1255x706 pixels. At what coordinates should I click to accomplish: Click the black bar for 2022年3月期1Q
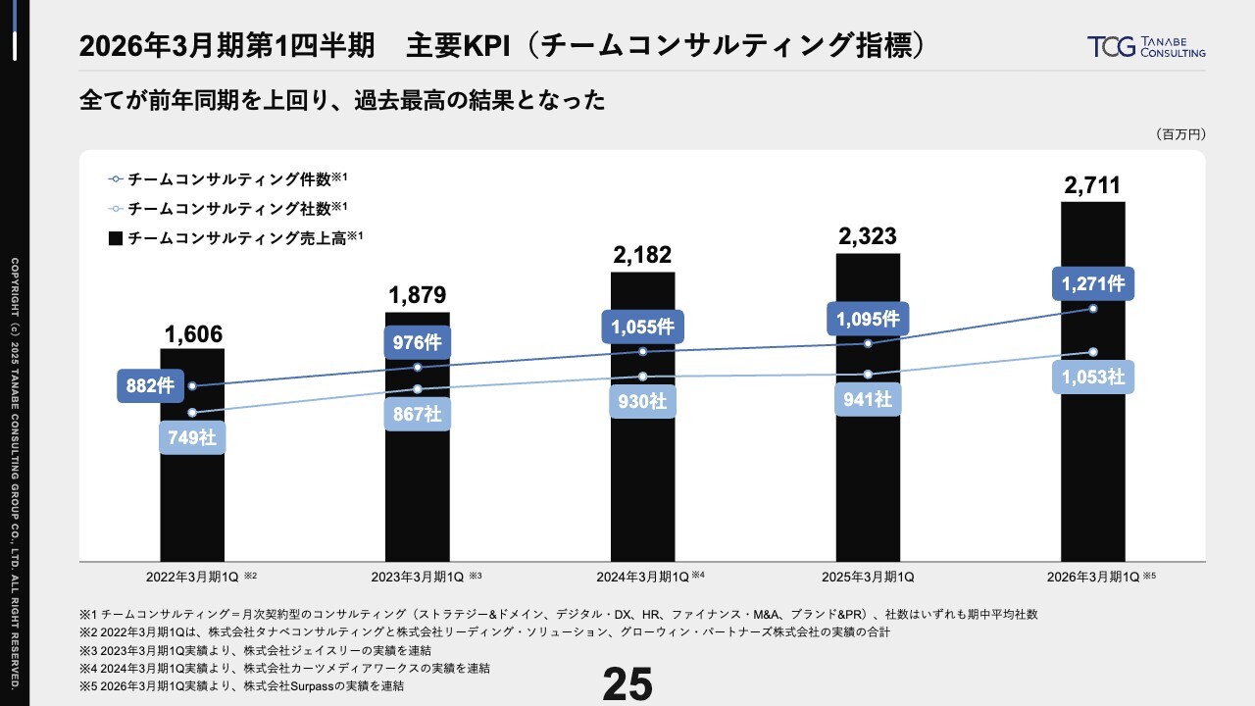point(192,490)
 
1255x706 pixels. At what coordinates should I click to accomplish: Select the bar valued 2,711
point(1092,471)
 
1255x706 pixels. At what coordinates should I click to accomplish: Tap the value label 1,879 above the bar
point(417,295)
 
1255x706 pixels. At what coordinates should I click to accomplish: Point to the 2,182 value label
point(642,255)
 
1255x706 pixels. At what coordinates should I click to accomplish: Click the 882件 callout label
point(150,385)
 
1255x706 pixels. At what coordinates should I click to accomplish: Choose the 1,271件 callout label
point(1092,284)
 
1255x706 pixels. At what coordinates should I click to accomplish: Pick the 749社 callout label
point(192,437)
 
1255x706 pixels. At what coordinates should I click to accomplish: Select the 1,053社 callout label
point(1092,378)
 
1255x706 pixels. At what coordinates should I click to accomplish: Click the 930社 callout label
point(642,401)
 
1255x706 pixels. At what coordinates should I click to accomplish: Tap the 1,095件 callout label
point(868,319)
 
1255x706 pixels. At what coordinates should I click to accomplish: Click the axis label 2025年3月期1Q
point(868,577)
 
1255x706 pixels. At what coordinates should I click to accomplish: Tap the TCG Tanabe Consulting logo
point(1146,46)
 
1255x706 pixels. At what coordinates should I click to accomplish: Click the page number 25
point(627,684)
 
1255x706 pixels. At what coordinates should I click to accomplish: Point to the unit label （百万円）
point(1180,134)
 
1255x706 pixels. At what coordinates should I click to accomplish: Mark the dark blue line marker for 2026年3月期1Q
point(1093,309)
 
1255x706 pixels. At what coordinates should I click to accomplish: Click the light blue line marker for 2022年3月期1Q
point(192,413)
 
